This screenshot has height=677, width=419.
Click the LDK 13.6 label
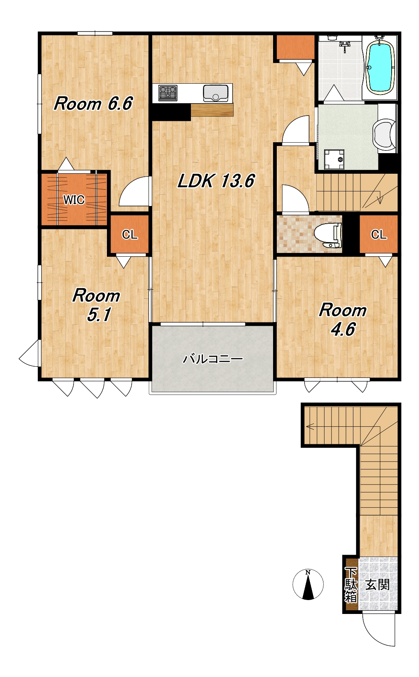coord(216,181)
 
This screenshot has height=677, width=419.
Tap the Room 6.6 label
coord(93,104)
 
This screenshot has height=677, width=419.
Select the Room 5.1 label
coord(97,305)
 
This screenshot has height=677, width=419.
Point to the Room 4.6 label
coord(343,319)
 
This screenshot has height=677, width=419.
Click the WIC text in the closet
coord(74,200)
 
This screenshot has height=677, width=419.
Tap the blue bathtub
coord(380,67)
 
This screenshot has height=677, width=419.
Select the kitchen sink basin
coord(216,93)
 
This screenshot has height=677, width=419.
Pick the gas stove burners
coord(168,93)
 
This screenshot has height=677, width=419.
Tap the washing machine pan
coord(334,159)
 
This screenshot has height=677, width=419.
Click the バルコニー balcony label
coord(213,359)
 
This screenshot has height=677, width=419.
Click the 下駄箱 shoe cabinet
coord(351,585)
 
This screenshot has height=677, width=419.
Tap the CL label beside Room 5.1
coord(130,235)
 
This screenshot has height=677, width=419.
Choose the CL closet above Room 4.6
coord(378,235)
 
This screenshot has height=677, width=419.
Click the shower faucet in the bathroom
coord(345,46)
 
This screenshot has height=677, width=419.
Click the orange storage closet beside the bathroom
coord(296,47)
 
